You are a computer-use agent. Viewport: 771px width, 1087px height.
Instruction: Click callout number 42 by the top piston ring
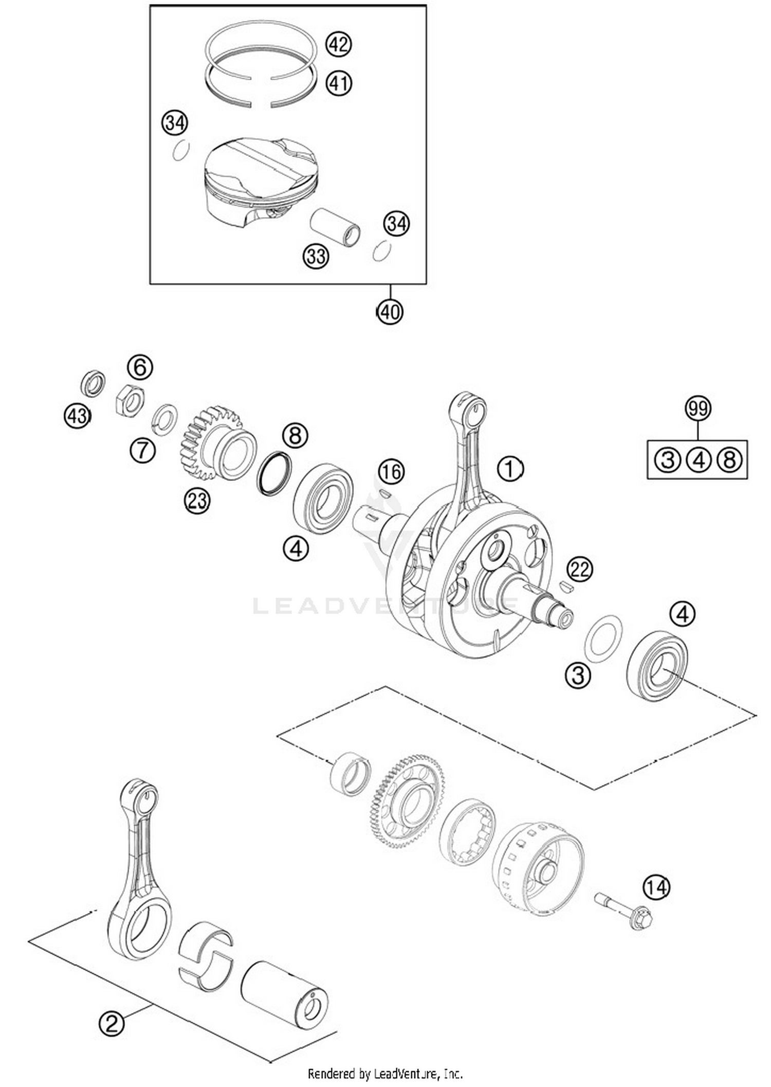(338, 45)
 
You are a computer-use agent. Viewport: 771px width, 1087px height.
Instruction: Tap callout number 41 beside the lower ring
(338, 83)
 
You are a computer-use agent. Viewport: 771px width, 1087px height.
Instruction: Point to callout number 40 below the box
(390, 312)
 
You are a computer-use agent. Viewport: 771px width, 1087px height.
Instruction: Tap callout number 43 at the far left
(78, 415)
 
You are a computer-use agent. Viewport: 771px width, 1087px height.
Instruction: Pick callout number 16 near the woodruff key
(392, 472)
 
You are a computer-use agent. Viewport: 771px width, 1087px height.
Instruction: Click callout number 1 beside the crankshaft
(510, 469)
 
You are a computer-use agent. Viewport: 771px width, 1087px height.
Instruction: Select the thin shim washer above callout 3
(603, 637)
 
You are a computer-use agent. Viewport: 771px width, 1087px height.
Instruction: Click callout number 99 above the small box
(698, 408)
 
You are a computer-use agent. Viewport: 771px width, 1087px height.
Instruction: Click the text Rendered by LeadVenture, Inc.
(385, 1073)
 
